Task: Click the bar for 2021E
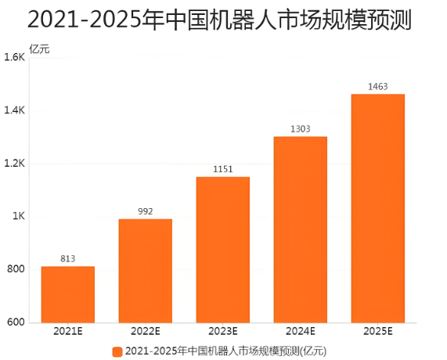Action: pos(68,294)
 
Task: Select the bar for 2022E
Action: pos(146,271)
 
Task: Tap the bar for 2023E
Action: pos(222,250)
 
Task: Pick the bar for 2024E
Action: pos(300,229)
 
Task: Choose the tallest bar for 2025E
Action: pos(378,208)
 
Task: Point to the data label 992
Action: pos(146,211)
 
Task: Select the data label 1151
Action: pos(222,169)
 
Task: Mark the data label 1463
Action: pos(378,86)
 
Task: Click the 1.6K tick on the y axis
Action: pos(15,58)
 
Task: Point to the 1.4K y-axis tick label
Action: pos(15,111)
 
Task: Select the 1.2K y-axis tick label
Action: pos(15,164)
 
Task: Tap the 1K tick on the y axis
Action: pos(19,217)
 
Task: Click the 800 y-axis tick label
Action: pos(16,270)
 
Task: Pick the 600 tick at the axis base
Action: pos(16,322)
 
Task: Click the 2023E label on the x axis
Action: pos(222,333)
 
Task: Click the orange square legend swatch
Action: pos(117,351)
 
